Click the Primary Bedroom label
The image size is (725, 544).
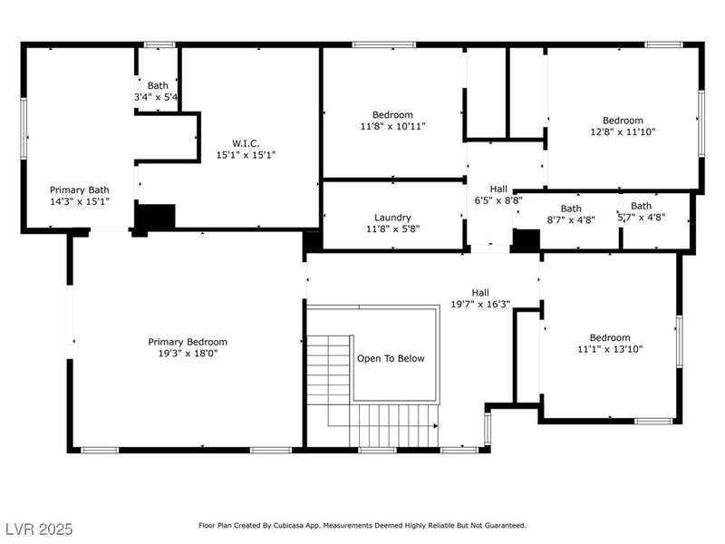point(188,342)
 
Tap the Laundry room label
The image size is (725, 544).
point(392,218)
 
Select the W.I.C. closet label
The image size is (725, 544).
point(246,143)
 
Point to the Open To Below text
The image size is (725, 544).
point(391,358)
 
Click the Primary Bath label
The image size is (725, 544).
point(80,190)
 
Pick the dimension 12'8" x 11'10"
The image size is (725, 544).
point(623,131)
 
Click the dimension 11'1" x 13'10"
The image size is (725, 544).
point(610,349)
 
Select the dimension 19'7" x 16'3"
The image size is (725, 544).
point(480,304)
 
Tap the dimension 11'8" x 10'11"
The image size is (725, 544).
point(392,126)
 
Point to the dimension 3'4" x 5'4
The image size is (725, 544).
point(156,97)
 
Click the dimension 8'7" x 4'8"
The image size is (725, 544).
point(571,220)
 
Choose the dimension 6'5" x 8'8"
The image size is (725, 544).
point(498,200)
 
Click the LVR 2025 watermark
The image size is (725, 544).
point(39,529)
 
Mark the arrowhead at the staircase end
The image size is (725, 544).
point(436,425)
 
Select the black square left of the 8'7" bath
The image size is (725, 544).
point(527,240)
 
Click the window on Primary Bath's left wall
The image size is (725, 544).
point(24,129)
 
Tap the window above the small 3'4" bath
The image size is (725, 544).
point(159,44)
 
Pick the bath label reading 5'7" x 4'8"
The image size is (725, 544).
point(642,211)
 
